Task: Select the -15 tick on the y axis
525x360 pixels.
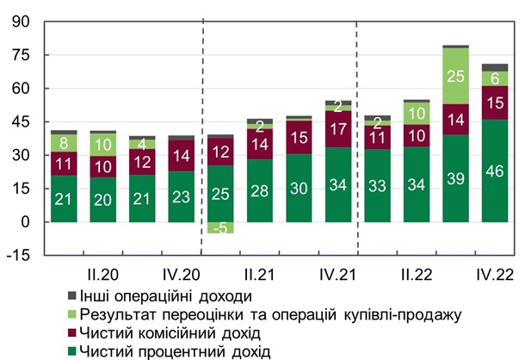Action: point(18,255)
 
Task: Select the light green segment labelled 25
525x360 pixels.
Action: point(455,75)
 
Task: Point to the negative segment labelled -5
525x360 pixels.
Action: point(220,228)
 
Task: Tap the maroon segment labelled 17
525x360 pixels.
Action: point(337,129)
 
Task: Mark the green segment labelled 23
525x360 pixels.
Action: point(181,196)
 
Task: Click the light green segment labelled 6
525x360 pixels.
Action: point(494,78)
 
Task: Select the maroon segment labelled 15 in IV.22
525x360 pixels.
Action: point(494,102)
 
